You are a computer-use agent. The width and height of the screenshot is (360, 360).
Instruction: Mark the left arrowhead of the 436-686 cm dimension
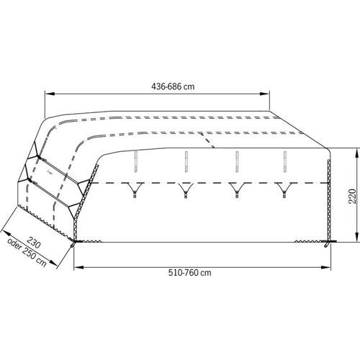(x=49, y=94)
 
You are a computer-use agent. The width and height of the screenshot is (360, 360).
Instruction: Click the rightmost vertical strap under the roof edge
(x=287, y=161)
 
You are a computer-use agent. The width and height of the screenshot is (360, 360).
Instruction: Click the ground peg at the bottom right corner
(x=330, y=246)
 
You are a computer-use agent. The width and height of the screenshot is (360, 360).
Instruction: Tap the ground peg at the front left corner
(x=75, y=244)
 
